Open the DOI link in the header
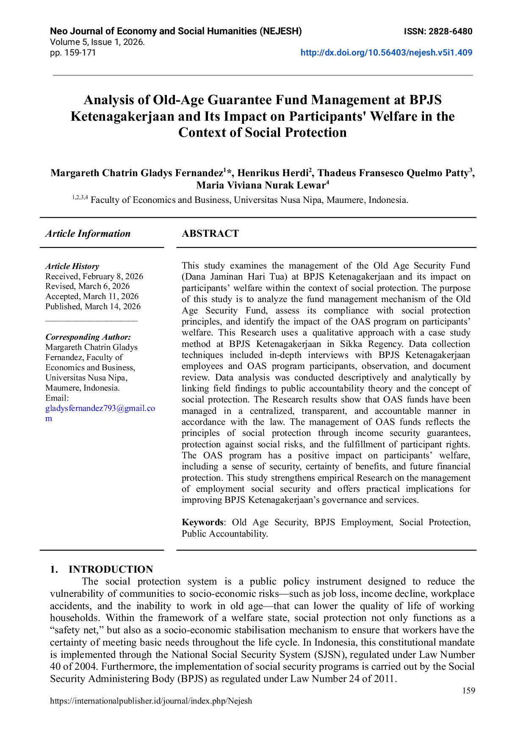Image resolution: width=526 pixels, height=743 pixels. coord(386,53)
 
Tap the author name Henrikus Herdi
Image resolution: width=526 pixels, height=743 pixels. coord(273,173)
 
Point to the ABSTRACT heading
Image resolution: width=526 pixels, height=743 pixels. coord(210,233)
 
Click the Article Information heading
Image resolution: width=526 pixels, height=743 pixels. coord(88,233)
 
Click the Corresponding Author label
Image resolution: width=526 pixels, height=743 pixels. coord(88,337)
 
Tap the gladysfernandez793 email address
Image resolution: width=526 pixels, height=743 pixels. coord(100,408)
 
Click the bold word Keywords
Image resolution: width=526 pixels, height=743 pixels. coord(202,522)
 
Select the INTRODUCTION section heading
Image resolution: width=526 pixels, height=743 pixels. coord(111,569)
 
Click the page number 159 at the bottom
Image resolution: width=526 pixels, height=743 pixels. coord(468,691)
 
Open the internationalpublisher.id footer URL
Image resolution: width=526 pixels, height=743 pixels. coord(151,701)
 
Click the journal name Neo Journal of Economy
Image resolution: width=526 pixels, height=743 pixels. coord(176,31)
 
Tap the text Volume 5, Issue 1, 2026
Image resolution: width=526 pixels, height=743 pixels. coord(97,42)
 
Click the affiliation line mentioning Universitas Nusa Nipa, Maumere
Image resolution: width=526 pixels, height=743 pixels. coord(249,200)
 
